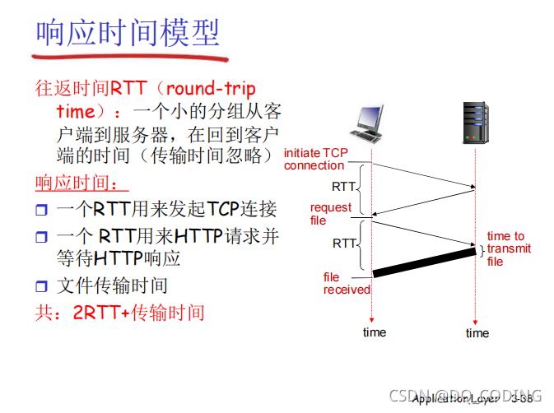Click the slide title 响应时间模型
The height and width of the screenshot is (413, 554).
tap(128, 34)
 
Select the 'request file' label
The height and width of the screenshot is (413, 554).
tap(330, 214)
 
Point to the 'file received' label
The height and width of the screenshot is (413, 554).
tap(346, 284)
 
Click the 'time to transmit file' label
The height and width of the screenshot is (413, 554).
tap(509, 248)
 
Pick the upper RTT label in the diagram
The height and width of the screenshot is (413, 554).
tap(344, 187)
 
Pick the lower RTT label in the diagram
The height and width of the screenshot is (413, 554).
tap(344, 244)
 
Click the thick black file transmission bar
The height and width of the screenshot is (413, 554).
tap(423, 262)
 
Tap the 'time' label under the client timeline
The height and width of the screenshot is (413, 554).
tap(374, 332)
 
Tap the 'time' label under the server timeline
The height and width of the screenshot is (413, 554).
tap(477, 333)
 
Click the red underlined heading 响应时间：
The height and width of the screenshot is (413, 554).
tap(81, 182)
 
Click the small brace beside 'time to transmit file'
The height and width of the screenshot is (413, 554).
tap(481, 249)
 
